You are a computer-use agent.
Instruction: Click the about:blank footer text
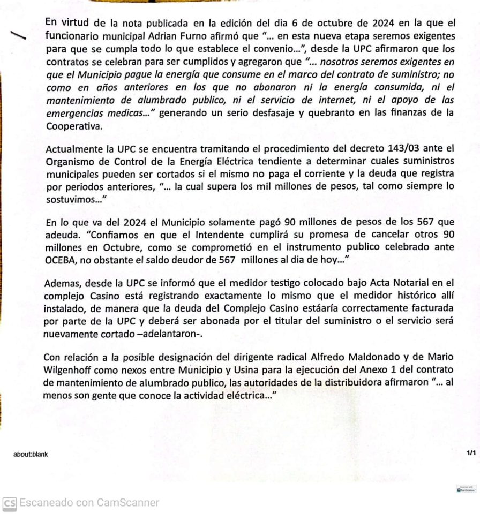pyautogui.click(x=31, y=454)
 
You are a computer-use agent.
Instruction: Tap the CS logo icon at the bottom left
pyautogui.click(x=9, y=503)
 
